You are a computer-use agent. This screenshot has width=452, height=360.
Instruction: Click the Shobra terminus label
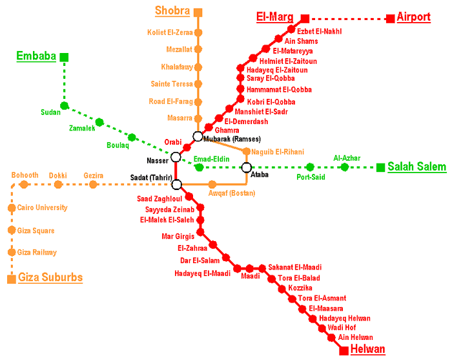pos(172,11)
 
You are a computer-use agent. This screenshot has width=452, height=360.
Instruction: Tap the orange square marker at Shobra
pos(198,12)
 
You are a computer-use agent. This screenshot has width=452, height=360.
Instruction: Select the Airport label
pos(414,17)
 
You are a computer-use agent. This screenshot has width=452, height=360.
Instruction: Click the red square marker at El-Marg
pos(305,18)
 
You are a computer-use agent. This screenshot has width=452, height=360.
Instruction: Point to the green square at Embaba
pos(64,57)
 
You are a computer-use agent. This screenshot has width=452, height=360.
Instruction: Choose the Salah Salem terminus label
pos(416,167)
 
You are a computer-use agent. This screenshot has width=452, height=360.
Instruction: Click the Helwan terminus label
pos(367,350)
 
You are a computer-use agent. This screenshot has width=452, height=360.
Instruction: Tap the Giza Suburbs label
pos(50,278)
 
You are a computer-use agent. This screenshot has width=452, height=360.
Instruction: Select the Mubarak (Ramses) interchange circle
pos(198,136)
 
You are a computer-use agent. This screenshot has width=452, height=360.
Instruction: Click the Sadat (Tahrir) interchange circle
pos(176,184)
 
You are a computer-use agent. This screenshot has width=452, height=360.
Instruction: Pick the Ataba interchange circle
pos(247,168)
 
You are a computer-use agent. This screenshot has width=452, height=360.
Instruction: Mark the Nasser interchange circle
pos(176,157)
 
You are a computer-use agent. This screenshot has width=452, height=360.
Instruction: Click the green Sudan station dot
pos(64,105)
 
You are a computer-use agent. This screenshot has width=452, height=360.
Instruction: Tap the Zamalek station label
pos(82,129)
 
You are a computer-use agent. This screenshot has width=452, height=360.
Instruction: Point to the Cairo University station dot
pos(12,208)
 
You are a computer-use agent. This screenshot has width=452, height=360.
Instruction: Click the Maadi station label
pos(251,277)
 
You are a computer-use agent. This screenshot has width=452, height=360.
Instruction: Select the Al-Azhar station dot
pos(344,167)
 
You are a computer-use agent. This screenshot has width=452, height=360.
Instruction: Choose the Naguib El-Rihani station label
pos(278,151)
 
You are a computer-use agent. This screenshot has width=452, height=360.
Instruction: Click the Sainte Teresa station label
pos(171,84)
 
